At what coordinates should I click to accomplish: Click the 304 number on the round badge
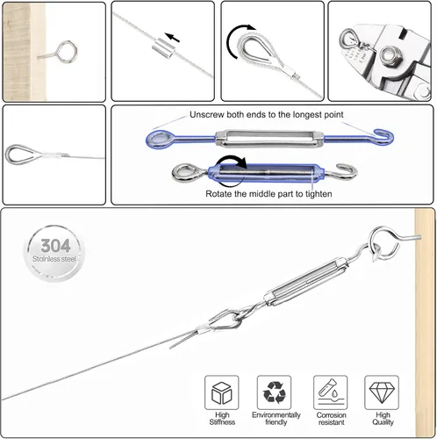pos(55,246)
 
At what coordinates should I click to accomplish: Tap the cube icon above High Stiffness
pos(222,393)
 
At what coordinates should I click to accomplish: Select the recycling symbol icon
pos(274,392)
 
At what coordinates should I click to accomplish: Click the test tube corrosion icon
pos(330,392)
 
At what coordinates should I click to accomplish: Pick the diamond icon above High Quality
pos(382,392)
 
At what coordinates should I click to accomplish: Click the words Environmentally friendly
pos(276,419)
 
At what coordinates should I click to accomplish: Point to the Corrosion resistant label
pos(331,419)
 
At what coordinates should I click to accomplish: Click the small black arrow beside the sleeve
pos(172,37)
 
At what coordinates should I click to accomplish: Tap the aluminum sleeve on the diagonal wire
pos(163,48)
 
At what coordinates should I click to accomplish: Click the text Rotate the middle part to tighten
pos(269,194)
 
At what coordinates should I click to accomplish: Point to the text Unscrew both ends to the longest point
pos(267,114)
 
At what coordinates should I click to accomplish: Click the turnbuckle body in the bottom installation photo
pos(306,280)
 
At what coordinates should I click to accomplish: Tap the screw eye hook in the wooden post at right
pos(389,240)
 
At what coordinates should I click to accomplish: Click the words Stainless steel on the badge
pos(54,259)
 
